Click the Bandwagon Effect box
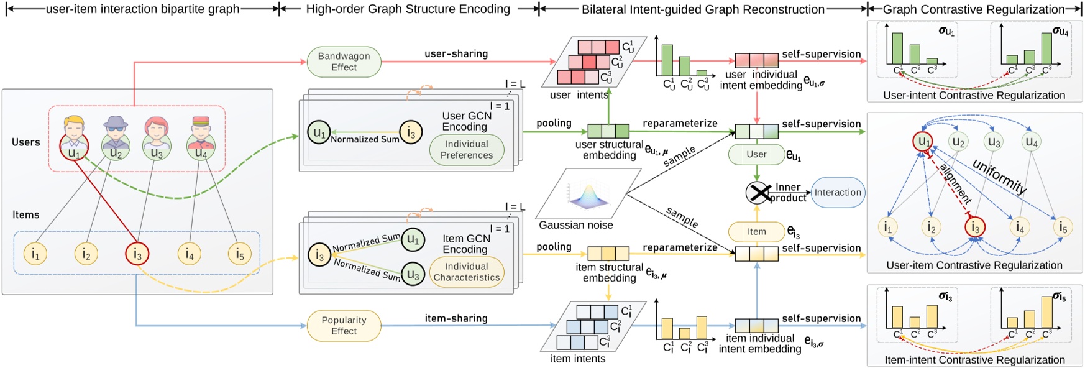(x=344, y=62)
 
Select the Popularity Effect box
(x=344, y=326)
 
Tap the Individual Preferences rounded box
(x=466, y=150)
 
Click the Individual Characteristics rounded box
(x=466, y=272)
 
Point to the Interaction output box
(x=838, y=193)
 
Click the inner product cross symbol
(x=758, y=193)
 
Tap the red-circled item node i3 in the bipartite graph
(x=137, y=254)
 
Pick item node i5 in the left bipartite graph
(x=239, y=254)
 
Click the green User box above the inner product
(x=756, y=154)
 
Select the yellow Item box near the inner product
(x=756, y=232)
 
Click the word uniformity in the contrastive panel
(x=999, y=177)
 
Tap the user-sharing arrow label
(x=456, y=54)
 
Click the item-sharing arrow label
(x=456, y=318)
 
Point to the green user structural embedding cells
(x=608, y=131)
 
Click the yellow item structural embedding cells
(x=608, y=254)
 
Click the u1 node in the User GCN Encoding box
(x=319, y=132)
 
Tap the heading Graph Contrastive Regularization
(x=974, y=9)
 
